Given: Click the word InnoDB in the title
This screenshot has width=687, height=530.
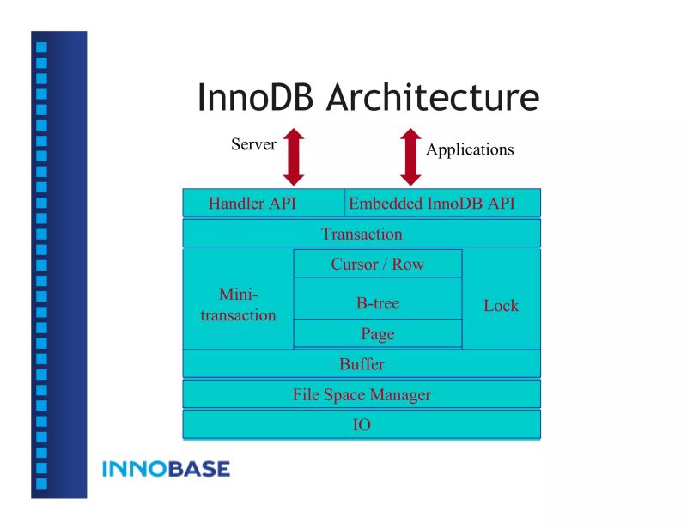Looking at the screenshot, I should (x=258, y=98).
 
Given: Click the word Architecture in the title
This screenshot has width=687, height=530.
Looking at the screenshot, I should (x=433, y=98).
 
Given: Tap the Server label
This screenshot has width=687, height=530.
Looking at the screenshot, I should (x=253, y=144).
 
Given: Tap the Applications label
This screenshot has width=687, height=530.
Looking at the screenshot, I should (x=470, y=149).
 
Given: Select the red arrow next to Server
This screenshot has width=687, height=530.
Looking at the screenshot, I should (x=295, y=156).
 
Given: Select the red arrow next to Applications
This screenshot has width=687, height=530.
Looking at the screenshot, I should (x=411, y=156).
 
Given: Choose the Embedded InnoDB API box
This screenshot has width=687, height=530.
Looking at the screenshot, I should (x=442, y=204).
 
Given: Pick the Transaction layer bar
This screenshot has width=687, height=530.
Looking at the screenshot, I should (x=362, y=234).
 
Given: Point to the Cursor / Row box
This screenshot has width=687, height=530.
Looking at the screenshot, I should (x=378, y=264).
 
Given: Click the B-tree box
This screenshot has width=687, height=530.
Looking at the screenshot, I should (x=378, y=302).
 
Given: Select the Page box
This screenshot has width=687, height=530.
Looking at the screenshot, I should (x=378, y=333).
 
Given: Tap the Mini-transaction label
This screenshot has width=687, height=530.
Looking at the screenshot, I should (x=238, y=305).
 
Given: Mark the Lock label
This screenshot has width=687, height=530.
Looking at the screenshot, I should (x=501, y=305).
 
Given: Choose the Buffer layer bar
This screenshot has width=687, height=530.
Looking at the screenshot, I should (x=362, y=364).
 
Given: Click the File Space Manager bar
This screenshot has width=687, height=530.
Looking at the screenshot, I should (x=362, y=395).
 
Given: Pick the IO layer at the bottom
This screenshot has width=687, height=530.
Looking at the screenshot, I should (x=362, y=425).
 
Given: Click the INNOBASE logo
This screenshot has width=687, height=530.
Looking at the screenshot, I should (x=166, y=469).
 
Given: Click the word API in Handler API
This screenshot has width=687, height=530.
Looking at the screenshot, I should (x=282, y=204).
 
